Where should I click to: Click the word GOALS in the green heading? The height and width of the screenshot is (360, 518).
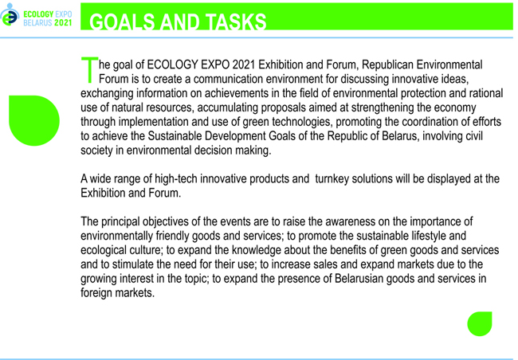coord(122,22)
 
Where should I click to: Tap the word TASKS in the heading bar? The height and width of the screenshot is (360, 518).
coord(236,22)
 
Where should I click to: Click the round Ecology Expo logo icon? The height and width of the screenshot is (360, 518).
coord(10,15)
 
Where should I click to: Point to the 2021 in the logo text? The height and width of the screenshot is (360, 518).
coord(63,22)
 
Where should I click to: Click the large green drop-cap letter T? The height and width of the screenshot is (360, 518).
coord(89,69)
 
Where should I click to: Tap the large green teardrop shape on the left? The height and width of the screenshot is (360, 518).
coord(34,120)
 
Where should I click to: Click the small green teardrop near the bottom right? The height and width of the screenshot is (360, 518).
coord(480,323)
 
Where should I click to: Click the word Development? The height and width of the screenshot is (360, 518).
coord(235,136)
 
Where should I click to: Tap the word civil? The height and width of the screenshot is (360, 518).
coord(474,136)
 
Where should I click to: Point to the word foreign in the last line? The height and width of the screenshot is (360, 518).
coord(96,293)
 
